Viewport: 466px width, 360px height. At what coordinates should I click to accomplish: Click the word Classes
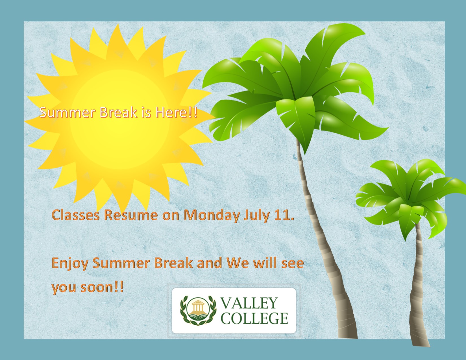pyautogui.click(x=76, y=215)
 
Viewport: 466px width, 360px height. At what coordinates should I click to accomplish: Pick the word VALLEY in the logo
pyautogui.click(x=249, y=303)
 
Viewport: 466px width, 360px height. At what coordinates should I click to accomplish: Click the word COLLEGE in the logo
pyautogui.click(x=254, y=318)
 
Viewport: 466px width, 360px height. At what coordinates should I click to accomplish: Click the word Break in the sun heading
pyautogui.click(x=118, y=112)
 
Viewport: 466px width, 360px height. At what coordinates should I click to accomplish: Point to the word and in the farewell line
pyautogui.click(x=209, y=263)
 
